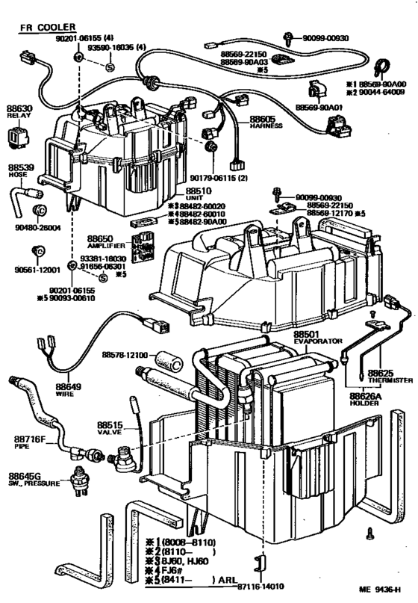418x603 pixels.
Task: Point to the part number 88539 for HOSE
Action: coord(21,167)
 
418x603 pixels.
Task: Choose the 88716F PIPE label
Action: coord(30,442)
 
